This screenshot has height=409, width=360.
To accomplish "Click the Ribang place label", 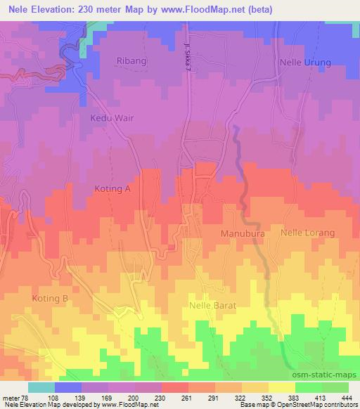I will pos(132,61).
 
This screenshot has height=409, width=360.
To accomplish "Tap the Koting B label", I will pos(49,299).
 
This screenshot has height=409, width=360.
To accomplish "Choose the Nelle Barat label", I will pos(212,306).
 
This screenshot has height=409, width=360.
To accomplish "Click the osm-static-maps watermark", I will pos(326,373).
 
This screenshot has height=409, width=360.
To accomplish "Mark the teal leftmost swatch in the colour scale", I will pos(41,387).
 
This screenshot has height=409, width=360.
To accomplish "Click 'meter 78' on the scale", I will pos(14,397).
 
